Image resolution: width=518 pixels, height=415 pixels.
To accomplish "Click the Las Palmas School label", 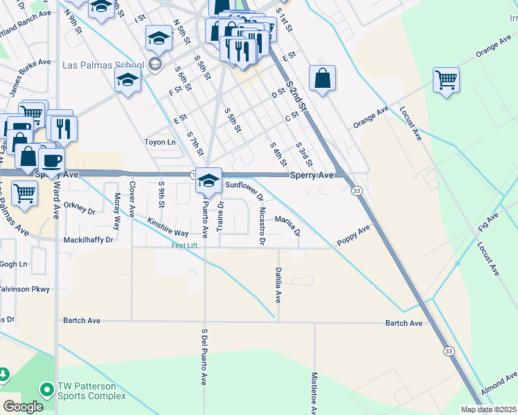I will (x=102, y=66).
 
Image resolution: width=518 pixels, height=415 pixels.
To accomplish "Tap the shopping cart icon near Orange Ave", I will (x=446, y=80).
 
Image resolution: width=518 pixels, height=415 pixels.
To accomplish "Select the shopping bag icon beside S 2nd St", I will (x=322, y=77).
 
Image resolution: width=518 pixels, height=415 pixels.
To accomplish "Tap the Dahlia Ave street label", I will (x=278, y=285).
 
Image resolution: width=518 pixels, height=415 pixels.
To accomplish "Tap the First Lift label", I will (x=189, y=246).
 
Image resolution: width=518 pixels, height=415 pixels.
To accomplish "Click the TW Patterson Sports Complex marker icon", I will (x=47, y=390).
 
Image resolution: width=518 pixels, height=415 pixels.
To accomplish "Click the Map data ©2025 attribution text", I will (x=488, y=409).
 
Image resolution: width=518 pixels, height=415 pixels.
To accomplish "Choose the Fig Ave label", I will (x=488, y=227).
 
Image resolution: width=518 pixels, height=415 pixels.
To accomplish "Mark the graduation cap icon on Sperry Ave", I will (x=208, y=181).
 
